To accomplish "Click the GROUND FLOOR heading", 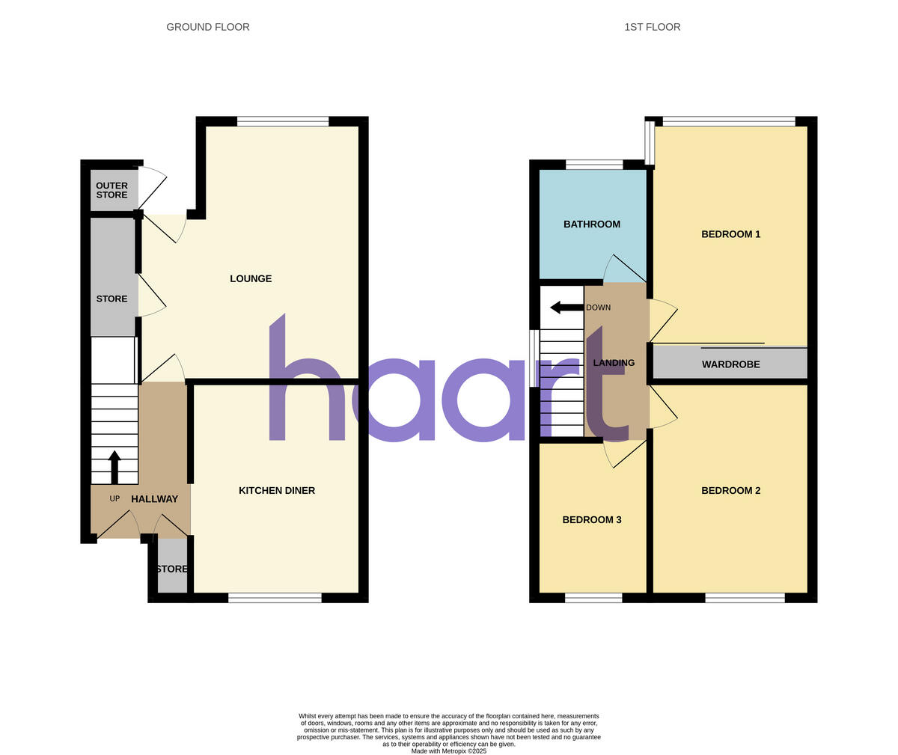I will coord(208,27).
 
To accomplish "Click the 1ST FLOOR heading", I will coord(652,27).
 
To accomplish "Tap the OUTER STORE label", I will coord(112,190).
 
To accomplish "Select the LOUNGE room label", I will coord(251,278).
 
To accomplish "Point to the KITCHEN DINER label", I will coord(277,491).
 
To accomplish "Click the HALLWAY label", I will coord(155,499).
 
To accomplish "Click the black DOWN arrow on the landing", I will coord(566,307).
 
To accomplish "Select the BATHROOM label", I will coord(592,224).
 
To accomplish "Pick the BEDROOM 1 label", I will coord(730,234).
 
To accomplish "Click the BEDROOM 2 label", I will coord(730,491).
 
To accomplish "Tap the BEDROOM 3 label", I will coord(592,520).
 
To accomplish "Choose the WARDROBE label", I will coord(730,364).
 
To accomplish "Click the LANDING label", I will coord(614,363).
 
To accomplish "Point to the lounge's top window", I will coord(283,121).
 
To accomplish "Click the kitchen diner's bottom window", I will coord(275,597).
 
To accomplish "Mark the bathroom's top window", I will coord(594,165).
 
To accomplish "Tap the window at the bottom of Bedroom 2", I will coord(745,597).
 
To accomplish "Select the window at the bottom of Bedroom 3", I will coord(593,597).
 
